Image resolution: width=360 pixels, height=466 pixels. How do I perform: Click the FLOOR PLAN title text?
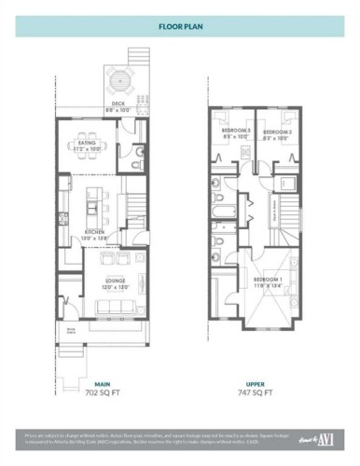pyautogui.click(x=179, y=28)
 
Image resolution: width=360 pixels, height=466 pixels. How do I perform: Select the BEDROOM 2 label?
pyautogui.click(x=276, y=132)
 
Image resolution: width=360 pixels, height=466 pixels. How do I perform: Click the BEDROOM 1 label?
pyautogui.click(x=267, y=279)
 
